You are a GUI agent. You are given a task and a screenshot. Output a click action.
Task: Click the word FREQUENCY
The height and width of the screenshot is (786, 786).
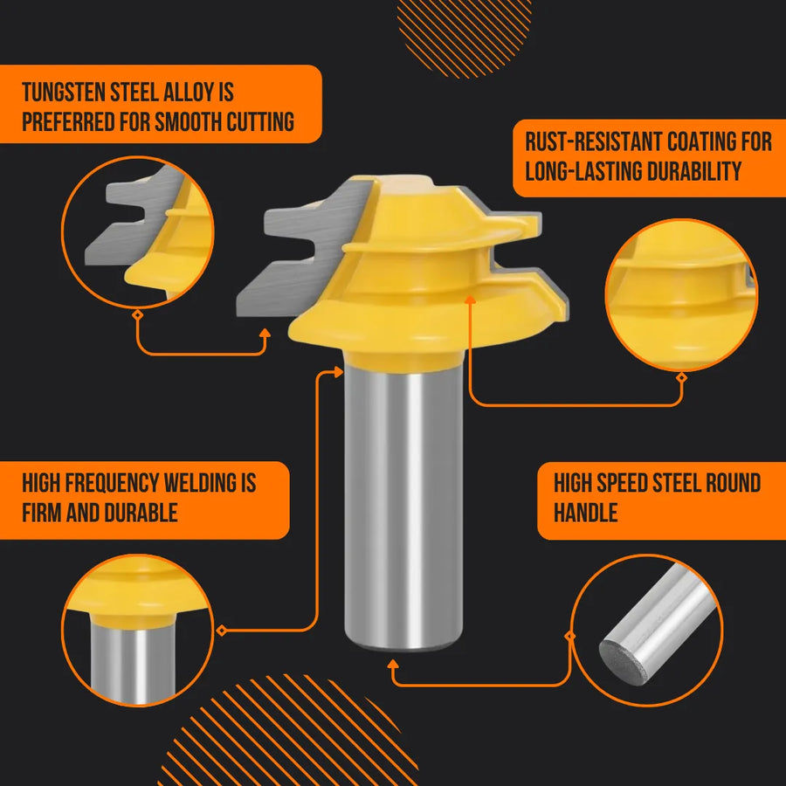pyautogui.click(x=116, y=482)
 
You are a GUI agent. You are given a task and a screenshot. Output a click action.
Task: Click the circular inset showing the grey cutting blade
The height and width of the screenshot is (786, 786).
pyautogui.click(x=138, y=232)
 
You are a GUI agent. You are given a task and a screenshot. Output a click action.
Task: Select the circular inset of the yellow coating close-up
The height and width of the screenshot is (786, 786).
pyautogui.click(x=681, y=295)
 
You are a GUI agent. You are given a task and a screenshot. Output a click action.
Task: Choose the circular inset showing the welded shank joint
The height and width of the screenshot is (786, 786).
pyautogui.click(x=138, y=630)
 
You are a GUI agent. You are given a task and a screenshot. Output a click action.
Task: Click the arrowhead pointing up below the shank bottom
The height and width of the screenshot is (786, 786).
pyautogui.click(x=394, y=665)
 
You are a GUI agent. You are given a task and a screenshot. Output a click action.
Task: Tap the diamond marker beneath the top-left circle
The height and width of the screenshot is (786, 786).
pyautogui.click(x=137, y=313)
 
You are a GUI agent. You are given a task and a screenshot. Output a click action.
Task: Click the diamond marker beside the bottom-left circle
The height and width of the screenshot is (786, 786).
pyautogui.click(x=222, y=630)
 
